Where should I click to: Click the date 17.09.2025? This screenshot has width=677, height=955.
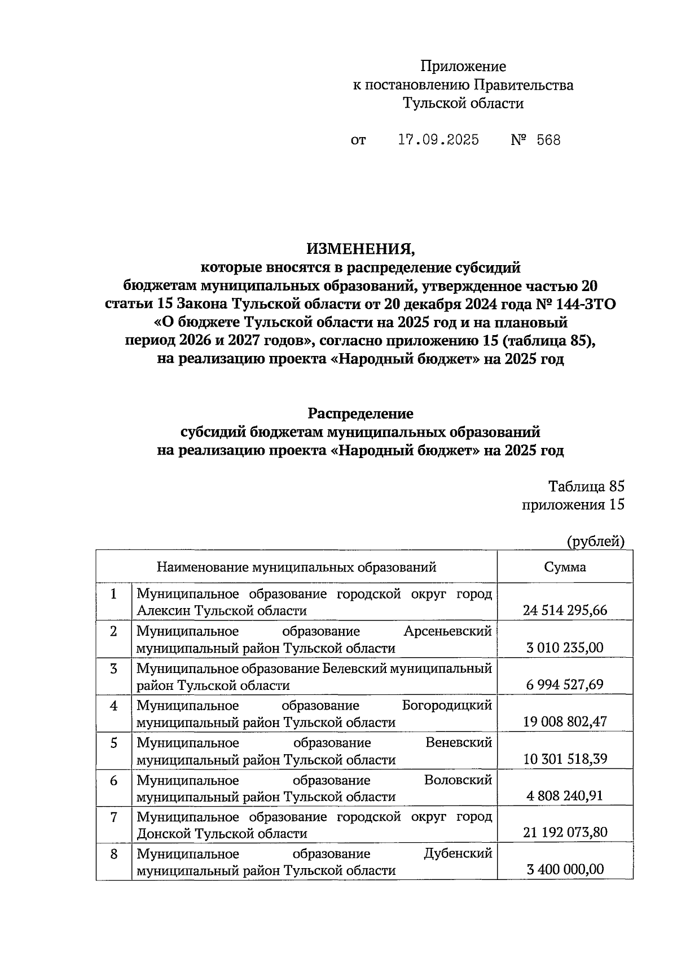(x=438, y=140)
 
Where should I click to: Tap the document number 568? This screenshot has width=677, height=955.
(x=548, y=140)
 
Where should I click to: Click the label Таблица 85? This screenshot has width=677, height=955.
(x=586, y=487)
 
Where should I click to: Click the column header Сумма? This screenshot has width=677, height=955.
(x=565, y=567)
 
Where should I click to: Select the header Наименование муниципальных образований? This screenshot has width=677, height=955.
(x=296, y=567)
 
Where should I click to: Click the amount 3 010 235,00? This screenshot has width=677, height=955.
(x=565, y=648)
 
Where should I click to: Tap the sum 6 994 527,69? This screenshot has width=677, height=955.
(x=565, y=685)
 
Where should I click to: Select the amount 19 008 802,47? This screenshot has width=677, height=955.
(x=565, y=722)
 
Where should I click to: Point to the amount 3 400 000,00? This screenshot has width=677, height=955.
(x=565, y=870)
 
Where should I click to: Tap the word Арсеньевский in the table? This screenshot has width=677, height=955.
(x=447, y=631)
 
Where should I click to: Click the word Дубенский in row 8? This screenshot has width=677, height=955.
(x=458, y=853)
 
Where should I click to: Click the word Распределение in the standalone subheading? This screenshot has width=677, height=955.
(x=360, y=413)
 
